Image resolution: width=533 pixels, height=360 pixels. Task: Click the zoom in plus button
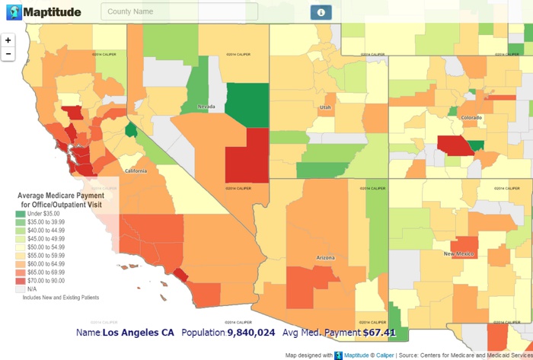[x=8, y=40]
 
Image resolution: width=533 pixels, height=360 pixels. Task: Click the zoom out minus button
[x=8, y=54]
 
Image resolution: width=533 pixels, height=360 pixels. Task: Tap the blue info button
[x=321, y=12]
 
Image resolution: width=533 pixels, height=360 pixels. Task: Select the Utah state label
[x=325, y=107]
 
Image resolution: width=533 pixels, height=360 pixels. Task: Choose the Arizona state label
[x=324, y=259]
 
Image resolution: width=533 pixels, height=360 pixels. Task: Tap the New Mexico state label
[x=459, y=253]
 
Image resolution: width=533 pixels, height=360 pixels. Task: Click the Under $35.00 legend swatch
[x=20, y=214]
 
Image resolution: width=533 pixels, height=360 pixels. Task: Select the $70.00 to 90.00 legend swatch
[x=20, y=281]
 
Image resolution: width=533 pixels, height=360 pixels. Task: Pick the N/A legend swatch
[x=20, y=289]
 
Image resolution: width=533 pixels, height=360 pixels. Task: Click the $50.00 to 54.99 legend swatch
[x=20, y=247]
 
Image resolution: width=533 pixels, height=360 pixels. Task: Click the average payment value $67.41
[x=379, y=333]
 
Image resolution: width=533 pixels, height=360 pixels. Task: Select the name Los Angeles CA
[x=138, y=333]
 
